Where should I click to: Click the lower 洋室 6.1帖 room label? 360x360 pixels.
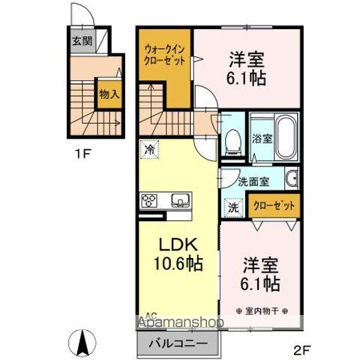click(x=260, y=274)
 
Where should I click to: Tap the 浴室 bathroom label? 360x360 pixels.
click(x=262, y=138)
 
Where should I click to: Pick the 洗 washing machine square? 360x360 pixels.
click(x=232, y=206)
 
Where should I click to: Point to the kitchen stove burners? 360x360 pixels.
click(x=148, y=199)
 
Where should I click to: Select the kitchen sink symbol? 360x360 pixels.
click(x=181, y=199)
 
